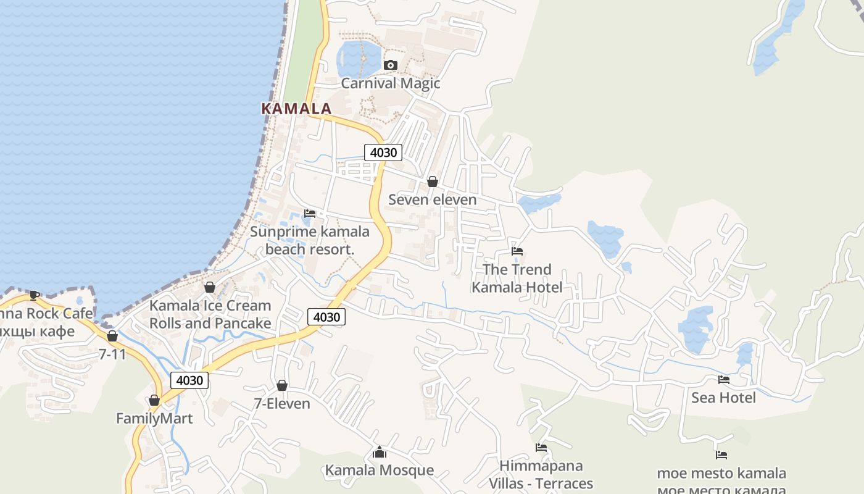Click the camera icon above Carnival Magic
pyautogui.click(x=390, y=65)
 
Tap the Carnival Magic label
pyautogui.click(x=390, y=83)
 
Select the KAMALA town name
pyautogui.click(x=296, y=109)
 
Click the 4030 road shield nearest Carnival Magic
pyautogui.click(x=383, y=152)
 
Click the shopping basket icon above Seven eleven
pyautogui.click(x=433, y=182)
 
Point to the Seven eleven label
pyautogui.click(x=433, y=199)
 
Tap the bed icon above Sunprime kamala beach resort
pyautogui.click(x=310, y=214)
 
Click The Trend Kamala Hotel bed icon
pyautogui.click(x=517, y=251)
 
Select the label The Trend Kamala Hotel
pyautogui.click(x=517, y=278)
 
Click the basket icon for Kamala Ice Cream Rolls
pyautogui.click(x=210, y=287)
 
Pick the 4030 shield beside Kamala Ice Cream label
pyautogui.click(x=326, y=317)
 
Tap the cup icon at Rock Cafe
pyautogui.click(x=35, y=295)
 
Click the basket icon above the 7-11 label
pyautogui.click(x=112, y=336)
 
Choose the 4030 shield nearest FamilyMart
pyautogui.click(x=189, y=380)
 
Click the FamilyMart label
pyautogui.click(x=154, y=418)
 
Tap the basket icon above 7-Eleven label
pyautogui.click(x=282, y=385)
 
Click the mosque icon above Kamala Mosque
pyautogui.click(x=380, y=452)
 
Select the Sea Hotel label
pyautogui.click(x=723, y=398)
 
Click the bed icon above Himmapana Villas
pyautogui.click(x=541, y=448)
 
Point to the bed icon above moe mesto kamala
pyautogui.click(x=721, y=455)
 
